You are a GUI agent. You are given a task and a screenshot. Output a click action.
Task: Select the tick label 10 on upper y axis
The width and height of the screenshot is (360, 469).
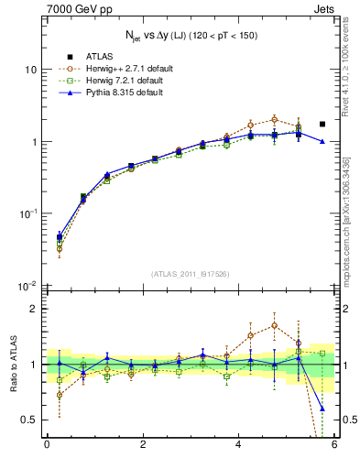click(x=29, y=71)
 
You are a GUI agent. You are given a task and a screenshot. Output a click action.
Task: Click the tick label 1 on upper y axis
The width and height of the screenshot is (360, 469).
click(x=33, y=142)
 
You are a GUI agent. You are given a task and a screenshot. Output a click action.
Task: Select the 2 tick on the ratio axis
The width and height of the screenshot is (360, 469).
click(x=33, y=309)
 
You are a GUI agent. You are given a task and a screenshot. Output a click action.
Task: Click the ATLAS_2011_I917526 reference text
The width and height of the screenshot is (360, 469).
click(x=191, y=274)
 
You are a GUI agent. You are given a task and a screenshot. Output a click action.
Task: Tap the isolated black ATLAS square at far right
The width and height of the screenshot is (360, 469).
click(x=322, y=124)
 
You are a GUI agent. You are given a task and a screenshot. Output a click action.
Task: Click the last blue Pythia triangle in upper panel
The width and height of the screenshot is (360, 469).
click(x=322, y=141)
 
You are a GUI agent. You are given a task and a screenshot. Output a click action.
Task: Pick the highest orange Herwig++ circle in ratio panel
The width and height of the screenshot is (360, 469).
click(x=275, y=325)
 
